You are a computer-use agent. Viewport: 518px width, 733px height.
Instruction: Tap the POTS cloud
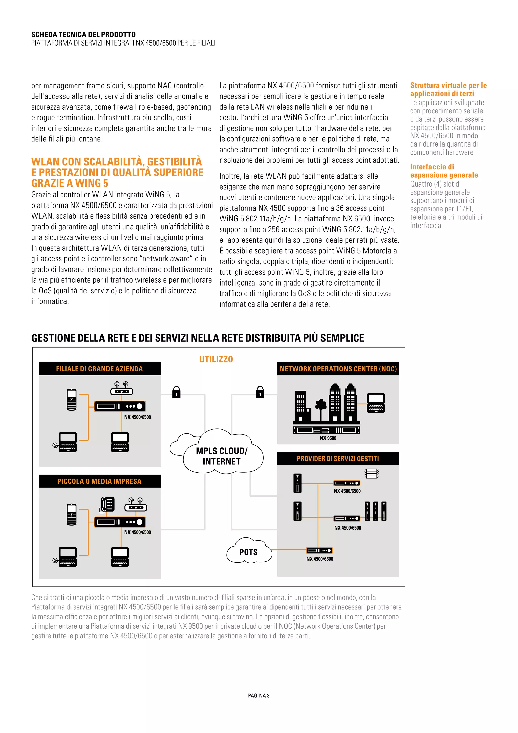pyautogui.click(x=248, y=552)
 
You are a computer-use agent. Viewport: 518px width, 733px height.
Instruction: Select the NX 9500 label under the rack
pyautogui.click(x=328, y=438)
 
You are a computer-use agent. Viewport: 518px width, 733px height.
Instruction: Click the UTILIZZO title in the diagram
pyautogui.click(x=216, y=359)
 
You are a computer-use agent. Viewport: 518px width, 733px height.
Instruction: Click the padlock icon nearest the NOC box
pyautogui.click(x=260, y=392)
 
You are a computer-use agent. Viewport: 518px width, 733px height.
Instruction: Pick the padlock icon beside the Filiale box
pyautogui.click(x=176, y=392)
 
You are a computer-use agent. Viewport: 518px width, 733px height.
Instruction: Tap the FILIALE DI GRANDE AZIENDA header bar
pyautogui.click(x=99, y=369)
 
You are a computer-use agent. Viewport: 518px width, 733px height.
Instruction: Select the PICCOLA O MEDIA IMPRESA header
pyautogui.click(x=99, y=481)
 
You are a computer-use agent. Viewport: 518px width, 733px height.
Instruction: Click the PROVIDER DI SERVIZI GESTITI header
pyautogui.click(x=338, y=458)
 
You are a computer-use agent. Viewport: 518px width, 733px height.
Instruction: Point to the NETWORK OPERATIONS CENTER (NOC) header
pyautogui.click(x=338, y=369)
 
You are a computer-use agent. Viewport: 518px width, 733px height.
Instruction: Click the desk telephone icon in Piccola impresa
pyautogui.click(x=107, y=505)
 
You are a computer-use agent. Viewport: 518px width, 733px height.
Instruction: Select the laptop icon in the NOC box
pyautogui.click(x=376, y=403)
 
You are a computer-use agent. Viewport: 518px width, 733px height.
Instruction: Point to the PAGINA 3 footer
pyautogui.click(x=259, y=695)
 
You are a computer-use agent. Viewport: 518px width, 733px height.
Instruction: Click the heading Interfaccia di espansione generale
pyautogui.click(x=444, y=171)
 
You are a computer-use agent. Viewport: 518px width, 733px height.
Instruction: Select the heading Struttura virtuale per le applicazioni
pyautogui.click(x=448, y=89)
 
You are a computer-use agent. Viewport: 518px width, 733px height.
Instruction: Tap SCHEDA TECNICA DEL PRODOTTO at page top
pyautogui.click(x=83, y=34)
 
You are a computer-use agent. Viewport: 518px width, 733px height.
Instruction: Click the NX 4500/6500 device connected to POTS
pyautogui.click(x=319, y=551)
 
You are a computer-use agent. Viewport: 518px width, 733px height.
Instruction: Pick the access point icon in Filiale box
pyautogui.click(x=121, y=389)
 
